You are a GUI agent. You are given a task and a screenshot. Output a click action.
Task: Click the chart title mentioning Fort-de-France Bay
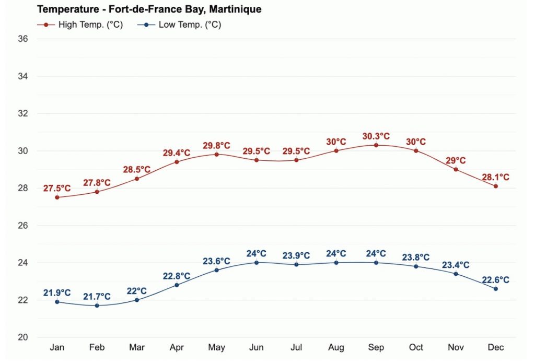149,9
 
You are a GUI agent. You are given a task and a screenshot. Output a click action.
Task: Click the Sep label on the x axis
376,348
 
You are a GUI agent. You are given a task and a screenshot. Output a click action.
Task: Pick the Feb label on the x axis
97,348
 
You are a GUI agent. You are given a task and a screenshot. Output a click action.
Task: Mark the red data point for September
376,145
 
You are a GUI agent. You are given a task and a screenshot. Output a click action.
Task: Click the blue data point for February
97,306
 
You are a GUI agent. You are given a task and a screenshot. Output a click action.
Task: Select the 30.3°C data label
376,136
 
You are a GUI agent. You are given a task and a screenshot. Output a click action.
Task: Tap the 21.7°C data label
97,297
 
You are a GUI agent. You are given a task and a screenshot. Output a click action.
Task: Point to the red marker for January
57,197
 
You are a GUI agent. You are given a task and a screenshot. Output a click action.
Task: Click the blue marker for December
495,289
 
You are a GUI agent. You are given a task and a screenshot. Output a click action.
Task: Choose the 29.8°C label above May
216,146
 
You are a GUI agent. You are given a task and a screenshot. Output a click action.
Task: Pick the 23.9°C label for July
296,256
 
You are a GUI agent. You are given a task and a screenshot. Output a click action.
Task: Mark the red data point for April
177,162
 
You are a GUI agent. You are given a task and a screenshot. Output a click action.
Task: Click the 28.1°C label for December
495,178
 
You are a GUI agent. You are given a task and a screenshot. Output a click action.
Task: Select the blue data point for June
257,262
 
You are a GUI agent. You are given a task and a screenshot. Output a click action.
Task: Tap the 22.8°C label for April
177,276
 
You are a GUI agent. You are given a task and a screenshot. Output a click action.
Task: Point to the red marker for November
456,169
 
